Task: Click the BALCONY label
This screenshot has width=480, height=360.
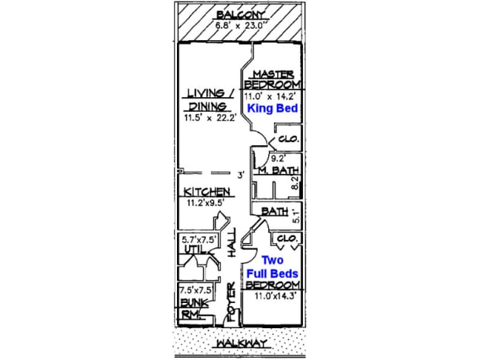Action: click(x=240, y=14)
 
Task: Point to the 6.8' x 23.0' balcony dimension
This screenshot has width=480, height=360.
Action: click(x=240, y=25)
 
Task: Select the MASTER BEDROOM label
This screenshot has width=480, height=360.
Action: click(x=273, y=78)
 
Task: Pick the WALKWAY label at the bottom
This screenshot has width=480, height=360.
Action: click(x=240, y=343)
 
